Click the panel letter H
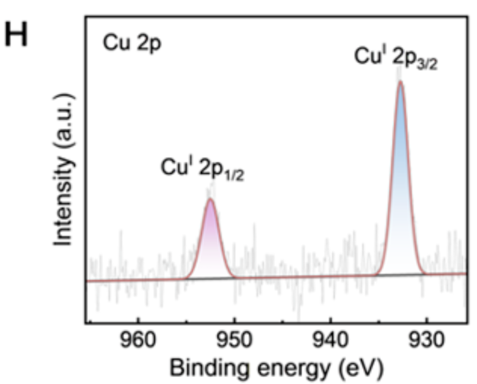coord(19,37)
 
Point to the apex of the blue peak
coord(401,82)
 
